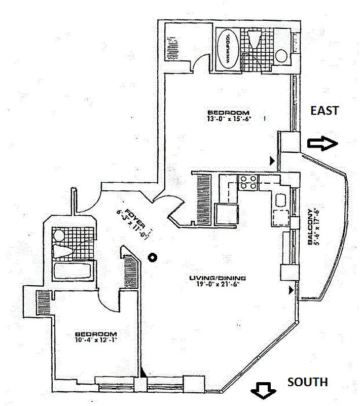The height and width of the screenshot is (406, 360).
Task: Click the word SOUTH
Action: point(308,382)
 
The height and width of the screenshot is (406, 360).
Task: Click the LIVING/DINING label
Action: point(218,278)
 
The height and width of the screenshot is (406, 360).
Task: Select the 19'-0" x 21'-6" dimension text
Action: point(218,285)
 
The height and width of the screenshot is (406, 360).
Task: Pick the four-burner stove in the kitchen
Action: point(247,182)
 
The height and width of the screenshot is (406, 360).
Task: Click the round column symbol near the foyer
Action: point(151,257)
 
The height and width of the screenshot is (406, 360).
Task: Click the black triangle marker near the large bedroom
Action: point(273,161)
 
